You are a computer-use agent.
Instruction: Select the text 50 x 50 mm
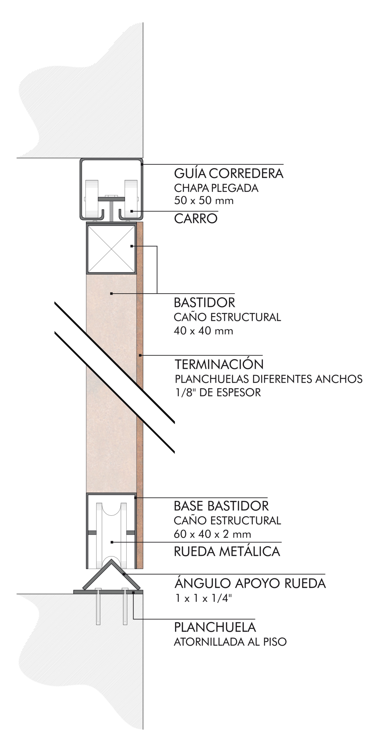(204, 201)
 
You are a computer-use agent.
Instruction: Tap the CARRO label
(195, 219)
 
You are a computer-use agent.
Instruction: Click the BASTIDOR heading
(204, 303)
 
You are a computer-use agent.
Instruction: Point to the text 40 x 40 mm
(204, 331)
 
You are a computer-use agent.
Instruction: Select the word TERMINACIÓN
(219, 364)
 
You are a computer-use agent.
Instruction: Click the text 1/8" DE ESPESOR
(218, 392)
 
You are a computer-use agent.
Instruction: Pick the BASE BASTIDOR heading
(221, 506)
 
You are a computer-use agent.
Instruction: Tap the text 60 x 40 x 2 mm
(212, 534)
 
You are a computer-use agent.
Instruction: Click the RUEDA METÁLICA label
(227, 551)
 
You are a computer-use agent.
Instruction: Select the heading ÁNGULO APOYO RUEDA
(250, 583)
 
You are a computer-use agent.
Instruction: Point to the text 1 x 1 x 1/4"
(204, 598)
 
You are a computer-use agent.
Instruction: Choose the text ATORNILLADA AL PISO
(230, 642)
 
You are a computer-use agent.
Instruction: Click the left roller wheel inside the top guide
(91, 200)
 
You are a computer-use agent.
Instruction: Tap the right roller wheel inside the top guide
(131, 200)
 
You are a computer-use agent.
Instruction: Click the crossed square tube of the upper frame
(111, 248)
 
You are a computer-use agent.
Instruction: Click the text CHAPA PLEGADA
(216, 188)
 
